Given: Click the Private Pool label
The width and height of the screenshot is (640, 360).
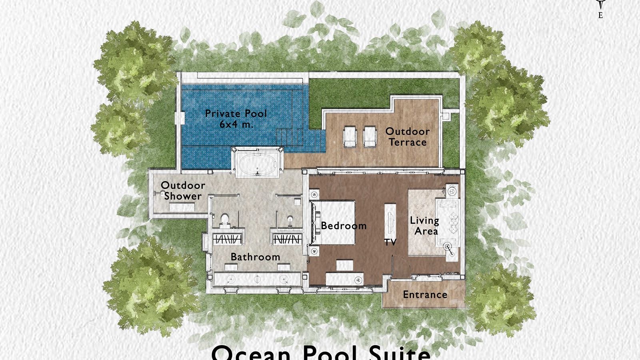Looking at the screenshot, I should click(x=236, y=114).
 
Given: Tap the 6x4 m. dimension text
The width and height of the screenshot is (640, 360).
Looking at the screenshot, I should click(x=236, y=124).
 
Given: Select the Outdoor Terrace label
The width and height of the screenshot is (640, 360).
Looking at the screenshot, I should click(x=407, y=137).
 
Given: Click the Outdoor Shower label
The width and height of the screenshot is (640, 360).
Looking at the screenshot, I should click(x=183, y=191).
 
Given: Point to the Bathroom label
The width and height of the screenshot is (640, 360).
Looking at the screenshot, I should click(x=255, y=257).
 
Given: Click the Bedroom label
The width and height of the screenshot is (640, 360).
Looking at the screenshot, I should click(x=344, y=226).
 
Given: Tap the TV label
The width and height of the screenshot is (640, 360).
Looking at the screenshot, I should click(x=390, y=242).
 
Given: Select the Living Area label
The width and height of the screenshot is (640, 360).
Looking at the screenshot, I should click(x=424, y=226).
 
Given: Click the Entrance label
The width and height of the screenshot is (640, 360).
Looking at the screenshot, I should click(x=425, y=295).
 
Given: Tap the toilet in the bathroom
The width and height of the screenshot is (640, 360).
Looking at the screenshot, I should click(x=225, y=220).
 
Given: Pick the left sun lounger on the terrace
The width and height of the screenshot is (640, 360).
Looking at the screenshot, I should click(x=350, y=137).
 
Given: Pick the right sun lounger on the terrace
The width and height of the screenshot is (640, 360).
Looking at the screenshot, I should click(x=370, y=137).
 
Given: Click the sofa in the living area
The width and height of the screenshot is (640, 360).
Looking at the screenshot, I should click(x=449, y=222).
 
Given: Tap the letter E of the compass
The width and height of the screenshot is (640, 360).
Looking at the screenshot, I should click(x=600, y=16).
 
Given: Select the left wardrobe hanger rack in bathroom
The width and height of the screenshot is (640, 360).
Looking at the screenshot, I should click(x=227, y=239).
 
